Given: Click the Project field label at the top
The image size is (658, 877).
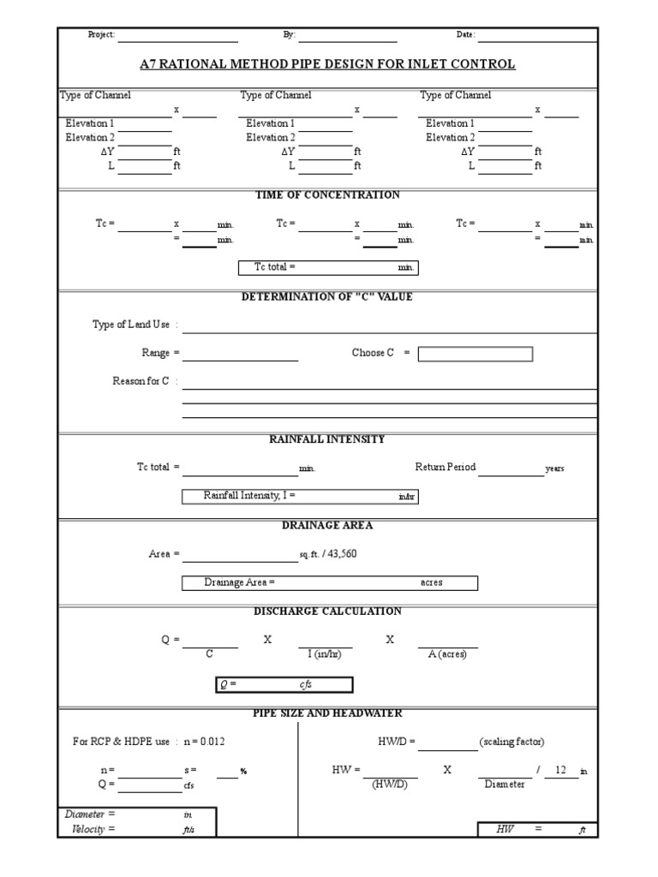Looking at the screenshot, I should click(x=101, y=35).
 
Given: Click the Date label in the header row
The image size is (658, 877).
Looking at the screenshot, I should click(x=465, y=35).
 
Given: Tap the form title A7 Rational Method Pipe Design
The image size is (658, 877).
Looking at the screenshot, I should click(x=327, y=64).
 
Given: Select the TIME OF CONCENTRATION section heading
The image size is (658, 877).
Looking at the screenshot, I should click(x=327, y=195).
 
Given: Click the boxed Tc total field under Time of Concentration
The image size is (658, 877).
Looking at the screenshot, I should click(x=327, y=268).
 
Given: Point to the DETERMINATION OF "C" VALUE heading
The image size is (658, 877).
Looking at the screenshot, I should click(x=327, y=297).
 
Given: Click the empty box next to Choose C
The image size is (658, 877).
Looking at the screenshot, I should click(x=475, y=354).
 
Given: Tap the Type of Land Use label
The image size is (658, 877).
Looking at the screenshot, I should click(x=131, y=325).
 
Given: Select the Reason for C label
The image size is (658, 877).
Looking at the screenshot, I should click(x=141, y=381).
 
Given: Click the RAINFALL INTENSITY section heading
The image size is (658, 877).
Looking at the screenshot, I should click(x=327, y=439).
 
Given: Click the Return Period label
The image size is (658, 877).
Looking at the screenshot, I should click(x=445, y=468).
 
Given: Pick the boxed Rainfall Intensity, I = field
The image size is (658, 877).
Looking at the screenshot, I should click(x=300, y=497).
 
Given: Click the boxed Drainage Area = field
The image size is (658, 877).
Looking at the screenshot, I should click(x=329, y=583).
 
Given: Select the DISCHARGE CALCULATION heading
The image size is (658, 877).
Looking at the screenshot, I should click(x=327, y=612).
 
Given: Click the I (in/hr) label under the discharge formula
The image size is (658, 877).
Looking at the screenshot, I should click(x=325, y=655).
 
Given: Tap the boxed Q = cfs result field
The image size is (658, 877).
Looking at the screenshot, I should click(x=283, y=685).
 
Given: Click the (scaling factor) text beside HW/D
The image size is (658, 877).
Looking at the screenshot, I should click(x=511, y=742).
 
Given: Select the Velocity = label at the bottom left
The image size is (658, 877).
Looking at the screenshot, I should click(x=90, y=829).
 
